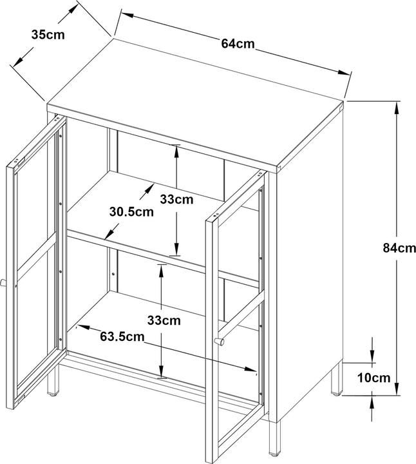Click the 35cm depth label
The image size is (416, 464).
(48, 35)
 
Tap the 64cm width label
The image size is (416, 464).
(238, 44)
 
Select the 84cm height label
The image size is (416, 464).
(399, 247)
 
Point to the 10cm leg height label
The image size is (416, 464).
(373, 378)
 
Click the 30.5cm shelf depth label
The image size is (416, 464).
(131, 212)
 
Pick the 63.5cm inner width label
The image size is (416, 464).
(122, 336)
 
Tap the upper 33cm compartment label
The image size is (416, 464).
(176, 199)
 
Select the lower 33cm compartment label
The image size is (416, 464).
(164, 320)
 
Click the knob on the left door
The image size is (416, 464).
(3, 283)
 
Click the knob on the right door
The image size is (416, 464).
(219, 342)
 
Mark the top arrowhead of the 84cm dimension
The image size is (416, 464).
(397, 108)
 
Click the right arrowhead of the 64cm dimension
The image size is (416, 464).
(344, 72)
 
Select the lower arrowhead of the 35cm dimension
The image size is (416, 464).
(18, 61)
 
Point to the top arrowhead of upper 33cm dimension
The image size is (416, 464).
(176, 152)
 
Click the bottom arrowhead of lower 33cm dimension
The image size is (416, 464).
(161, 371)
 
